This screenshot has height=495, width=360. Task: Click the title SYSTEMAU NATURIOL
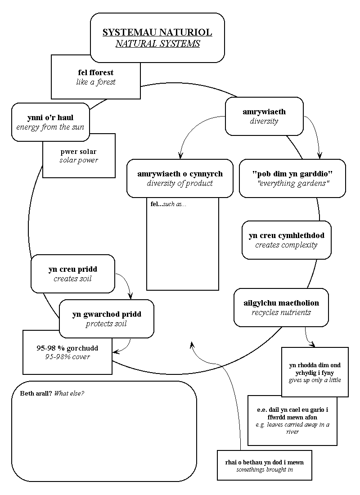[157, 33]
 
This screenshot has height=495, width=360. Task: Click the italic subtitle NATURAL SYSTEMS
[157, 44]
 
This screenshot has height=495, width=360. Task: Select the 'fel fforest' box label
[95, 72]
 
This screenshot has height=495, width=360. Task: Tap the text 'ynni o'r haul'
[50, 117]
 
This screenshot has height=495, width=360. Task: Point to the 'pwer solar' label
[78, 152]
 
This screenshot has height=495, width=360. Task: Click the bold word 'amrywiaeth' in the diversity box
[264, 112]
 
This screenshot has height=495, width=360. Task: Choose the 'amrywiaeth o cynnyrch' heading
[180, 174]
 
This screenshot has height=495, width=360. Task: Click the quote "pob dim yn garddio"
[292, 174]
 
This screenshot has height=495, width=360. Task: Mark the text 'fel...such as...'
[168, 204]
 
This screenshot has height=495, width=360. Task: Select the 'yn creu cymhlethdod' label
[286, 235]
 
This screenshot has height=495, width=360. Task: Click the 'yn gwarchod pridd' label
[106, 314]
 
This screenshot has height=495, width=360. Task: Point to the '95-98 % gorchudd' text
[67, 348]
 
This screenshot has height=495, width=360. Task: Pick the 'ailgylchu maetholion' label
[281, 303]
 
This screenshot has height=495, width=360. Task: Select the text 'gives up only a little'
[315, 380]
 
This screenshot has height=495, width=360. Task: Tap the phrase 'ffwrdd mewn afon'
[292, 418]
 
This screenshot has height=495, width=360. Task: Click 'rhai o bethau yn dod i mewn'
[264, 462]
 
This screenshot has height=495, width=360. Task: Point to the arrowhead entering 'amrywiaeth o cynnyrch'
[181, 156]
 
